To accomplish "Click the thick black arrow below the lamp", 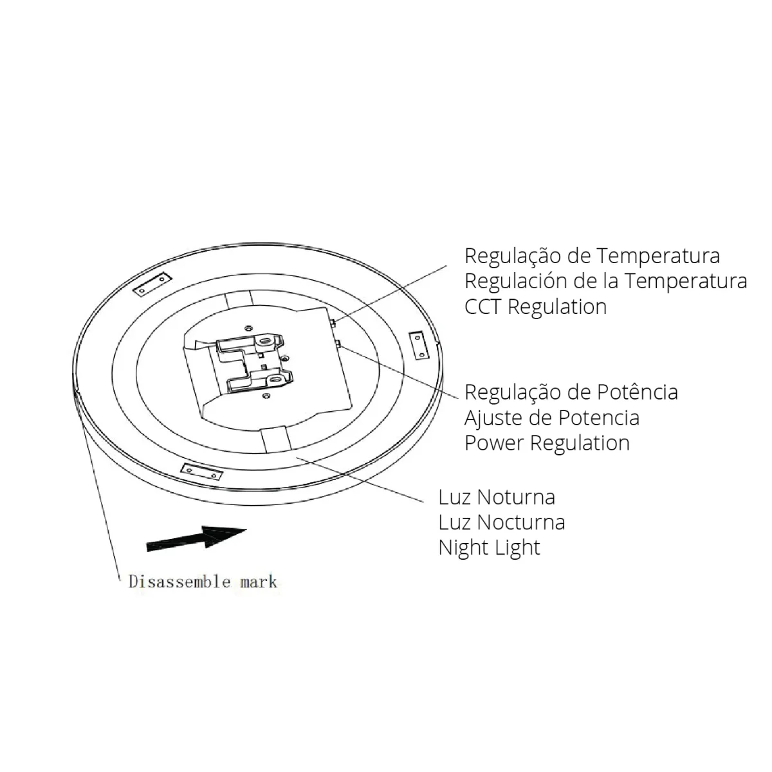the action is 196,538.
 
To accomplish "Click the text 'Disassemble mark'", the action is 203,582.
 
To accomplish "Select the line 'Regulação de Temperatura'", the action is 592,257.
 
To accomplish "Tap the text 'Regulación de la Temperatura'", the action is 606,281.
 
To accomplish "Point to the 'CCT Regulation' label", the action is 536,307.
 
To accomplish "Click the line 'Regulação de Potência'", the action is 571,392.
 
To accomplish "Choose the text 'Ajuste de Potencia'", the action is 552,418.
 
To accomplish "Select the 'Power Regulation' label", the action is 547,443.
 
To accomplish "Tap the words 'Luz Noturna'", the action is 497,497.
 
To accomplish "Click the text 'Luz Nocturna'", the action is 502,523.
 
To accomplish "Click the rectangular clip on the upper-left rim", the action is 152,284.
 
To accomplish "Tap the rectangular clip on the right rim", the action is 418,345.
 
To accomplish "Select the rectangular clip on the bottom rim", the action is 202,472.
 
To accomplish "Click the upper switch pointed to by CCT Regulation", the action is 333,322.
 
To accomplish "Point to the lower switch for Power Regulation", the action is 338,344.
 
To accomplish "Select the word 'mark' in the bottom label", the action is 259,582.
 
